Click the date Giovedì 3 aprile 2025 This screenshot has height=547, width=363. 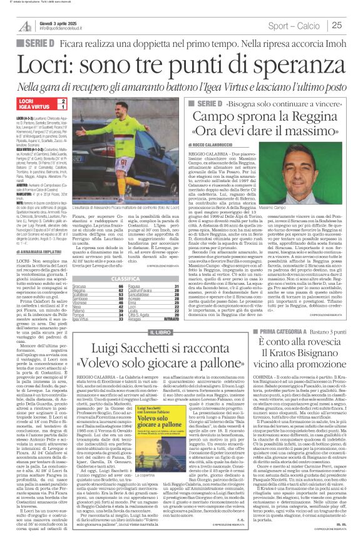(60, 23)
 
